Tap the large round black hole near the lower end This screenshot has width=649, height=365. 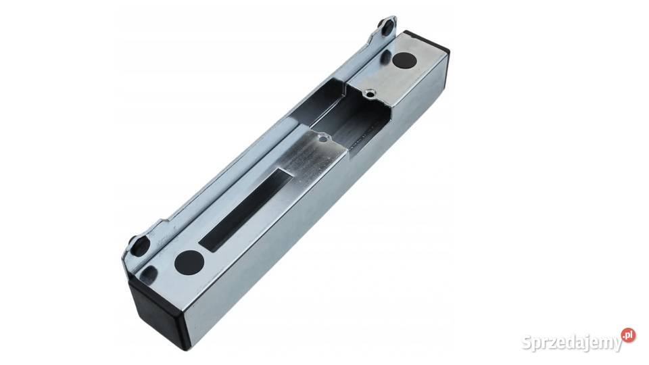tap(189, 262)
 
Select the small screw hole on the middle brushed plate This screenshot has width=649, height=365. tap(322, 139)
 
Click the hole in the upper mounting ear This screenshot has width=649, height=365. tap(388, 27)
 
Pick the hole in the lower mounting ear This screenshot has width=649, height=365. tap(140, 247)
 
